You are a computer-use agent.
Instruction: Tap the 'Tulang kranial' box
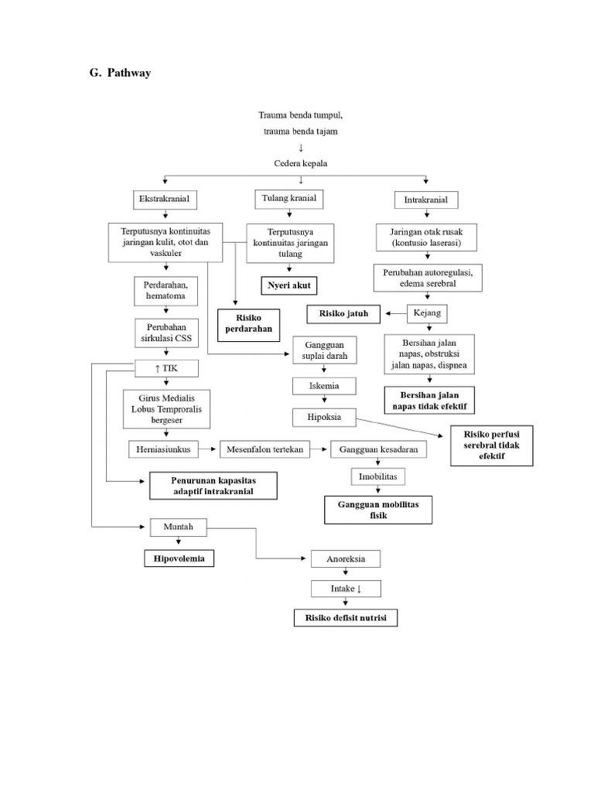288,199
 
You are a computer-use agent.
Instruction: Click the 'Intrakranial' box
425,200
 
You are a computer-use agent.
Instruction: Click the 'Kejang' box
427,313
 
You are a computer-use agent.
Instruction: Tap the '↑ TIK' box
166,367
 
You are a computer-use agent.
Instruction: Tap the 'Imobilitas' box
377,477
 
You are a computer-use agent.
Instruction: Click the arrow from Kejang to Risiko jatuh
398,313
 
